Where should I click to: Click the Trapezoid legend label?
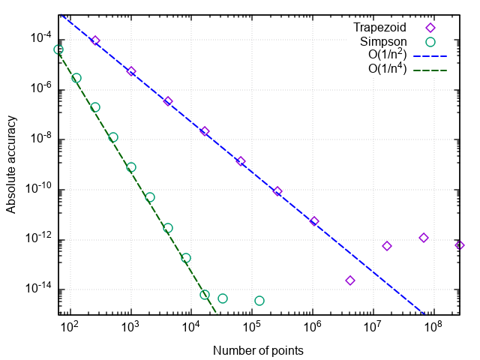[x=379, y=28]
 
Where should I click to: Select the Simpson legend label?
[x=384, y=42]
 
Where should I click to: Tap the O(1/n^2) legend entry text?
[x=386, y=55]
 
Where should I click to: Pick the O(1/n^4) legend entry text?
[x=386, y=70]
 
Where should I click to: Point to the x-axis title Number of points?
[x=258, y=350]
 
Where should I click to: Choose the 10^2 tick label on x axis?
[x=69, y=327]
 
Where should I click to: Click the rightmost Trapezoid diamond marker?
[x=460, y=245]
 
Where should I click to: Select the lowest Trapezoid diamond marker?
[x=350, y=280]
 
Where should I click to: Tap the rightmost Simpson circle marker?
[x=259, y=301]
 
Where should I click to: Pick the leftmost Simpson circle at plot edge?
[x=58, y=49]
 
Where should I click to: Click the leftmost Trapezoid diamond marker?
[x=95, y=40]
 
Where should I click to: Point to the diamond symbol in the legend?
[x=430, y=28]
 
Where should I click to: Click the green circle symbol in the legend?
[x=430, y=42]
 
